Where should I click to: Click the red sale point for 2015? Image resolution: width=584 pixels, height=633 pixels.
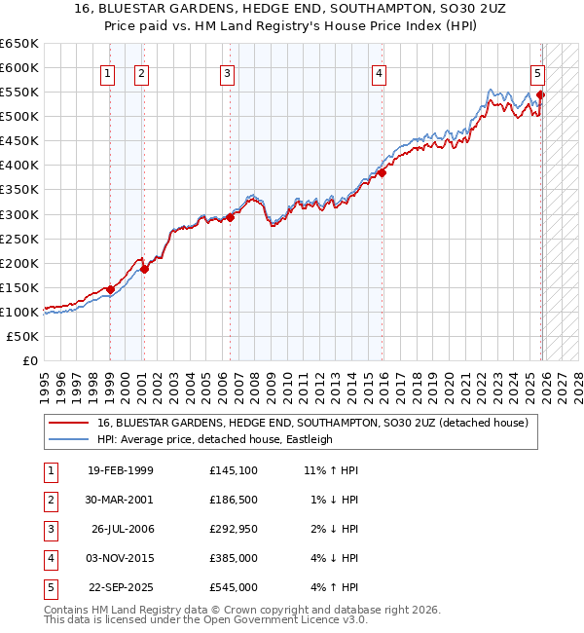pos(383,173)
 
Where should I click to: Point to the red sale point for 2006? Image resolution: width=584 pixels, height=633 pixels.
pos(231,217)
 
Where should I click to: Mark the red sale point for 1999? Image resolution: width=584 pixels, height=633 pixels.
pos(110,289)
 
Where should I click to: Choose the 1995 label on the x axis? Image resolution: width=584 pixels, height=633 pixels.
pos(45,382)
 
